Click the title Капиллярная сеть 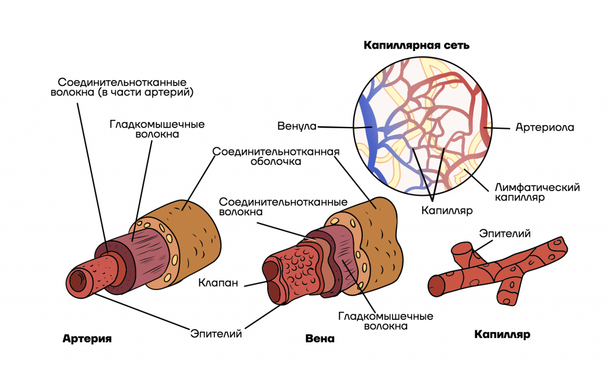tap(416, 45)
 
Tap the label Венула tap(297, 126)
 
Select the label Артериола tap(544, 128)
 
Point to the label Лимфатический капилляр tap(537, 192)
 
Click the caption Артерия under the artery tap(87, 339)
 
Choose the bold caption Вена tap(319, 339)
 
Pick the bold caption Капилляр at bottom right tap(502, 335)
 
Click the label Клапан tap(218, 283)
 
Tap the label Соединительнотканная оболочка tap(275, 156)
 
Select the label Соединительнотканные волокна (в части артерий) tap(122, 87)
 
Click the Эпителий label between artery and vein tap(216, 333)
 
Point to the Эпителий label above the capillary tap(505, 233)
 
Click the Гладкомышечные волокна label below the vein tap(385, 321)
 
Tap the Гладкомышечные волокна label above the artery tap(157, 129)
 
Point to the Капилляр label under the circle tap(446, 211)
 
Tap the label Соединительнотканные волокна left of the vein tap(283, 207)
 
